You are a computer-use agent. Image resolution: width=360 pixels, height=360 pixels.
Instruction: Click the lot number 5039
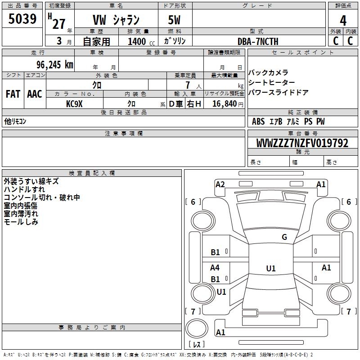click(22, 19)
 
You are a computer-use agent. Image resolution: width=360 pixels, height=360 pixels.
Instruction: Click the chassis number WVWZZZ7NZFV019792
click(302, 144)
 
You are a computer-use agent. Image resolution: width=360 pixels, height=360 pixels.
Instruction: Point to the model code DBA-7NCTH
click(258, 41)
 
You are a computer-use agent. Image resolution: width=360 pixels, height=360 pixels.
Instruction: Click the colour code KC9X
click(75, 103)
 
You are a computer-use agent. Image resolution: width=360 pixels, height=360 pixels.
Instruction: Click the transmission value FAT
click(13, 94)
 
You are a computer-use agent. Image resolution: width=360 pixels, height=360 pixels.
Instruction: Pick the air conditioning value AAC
click(35, 94)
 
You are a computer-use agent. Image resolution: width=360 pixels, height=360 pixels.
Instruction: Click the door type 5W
click(175, 20)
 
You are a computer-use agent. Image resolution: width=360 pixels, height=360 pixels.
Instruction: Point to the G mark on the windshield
click(284, 237)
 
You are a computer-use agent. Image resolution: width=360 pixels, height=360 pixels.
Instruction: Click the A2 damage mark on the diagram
click(220, 184)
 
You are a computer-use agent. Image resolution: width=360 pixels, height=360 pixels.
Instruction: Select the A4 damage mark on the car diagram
click(215, 268)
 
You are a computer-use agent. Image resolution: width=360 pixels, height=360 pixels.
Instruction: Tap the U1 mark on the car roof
click(271, 269)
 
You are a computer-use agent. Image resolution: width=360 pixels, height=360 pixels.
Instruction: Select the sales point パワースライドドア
click(278, 93)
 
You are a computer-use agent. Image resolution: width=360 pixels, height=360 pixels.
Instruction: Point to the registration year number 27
click(58, 23)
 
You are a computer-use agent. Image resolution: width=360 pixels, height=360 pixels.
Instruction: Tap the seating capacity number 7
click(186, 85)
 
